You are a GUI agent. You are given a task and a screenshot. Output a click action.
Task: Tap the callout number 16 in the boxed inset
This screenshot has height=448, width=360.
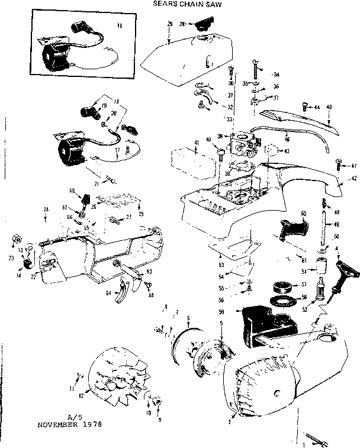(119, 27)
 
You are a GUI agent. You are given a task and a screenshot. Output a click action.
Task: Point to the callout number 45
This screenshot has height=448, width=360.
(329, 107)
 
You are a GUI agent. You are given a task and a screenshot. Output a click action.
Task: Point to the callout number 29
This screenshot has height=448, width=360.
(169, 24)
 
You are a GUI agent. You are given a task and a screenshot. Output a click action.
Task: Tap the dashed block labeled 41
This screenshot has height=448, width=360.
(187, 160)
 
